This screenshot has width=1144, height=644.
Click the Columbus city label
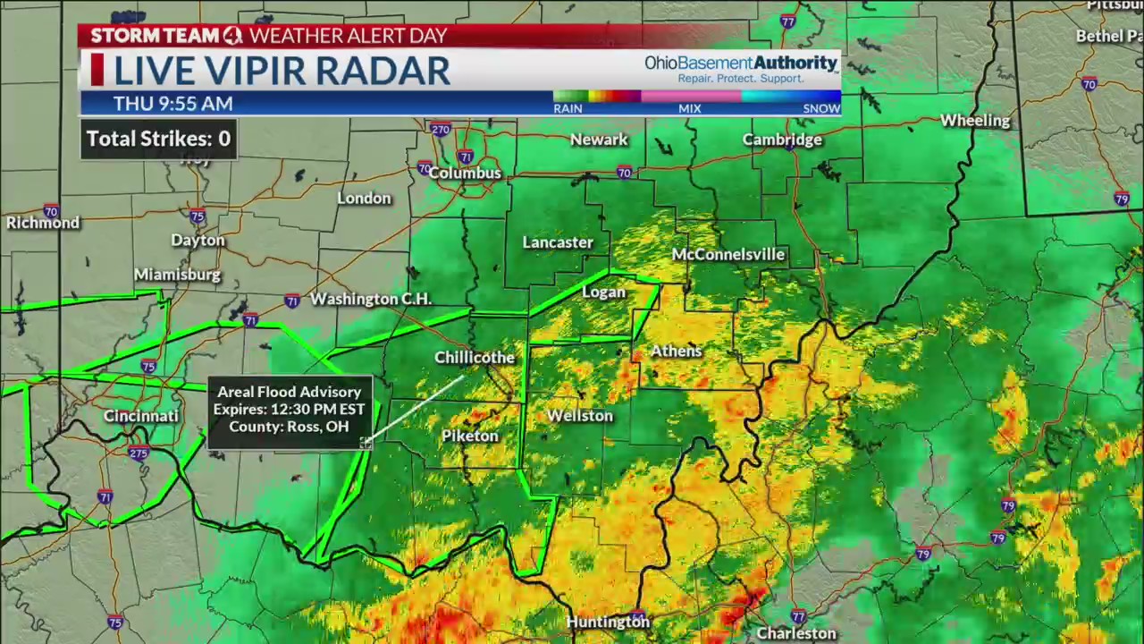(x=466, y=173)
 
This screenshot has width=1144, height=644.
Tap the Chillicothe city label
(x=475, y=358)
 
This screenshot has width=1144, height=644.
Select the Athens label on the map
(x=676, y=351)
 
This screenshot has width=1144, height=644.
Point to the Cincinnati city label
(x=141, y=416)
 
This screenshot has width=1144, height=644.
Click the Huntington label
(x=608, y=622)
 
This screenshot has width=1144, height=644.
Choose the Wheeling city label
(x=975, y=121)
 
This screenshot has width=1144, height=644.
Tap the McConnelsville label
(x=728, y=255)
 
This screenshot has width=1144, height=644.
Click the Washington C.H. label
(x=371, y=299)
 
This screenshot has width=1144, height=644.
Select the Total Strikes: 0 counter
(x=158, y=139)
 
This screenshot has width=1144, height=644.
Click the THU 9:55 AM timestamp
(x=172, y=104)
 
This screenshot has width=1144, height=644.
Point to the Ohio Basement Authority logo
(x=741, y=68)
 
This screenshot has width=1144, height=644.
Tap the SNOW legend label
(x=820, y=108)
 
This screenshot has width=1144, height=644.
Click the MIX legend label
(x=689, y=108)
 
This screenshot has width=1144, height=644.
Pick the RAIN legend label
(x=568, y=108)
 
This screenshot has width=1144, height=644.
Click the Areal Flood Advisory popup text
(x=289, y=409)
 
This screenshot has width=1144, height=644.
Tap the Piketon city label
(x=469, y=436)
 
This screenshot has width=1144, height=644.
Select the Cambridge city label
(x=782, y=140)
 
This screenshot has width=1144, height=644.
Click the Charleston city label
(x=796, y=633)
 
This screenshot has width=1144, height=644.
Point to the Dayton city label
(x=198, y=241)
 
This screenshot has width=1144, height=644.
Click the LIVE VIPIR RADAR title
(x=282, y=71)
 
